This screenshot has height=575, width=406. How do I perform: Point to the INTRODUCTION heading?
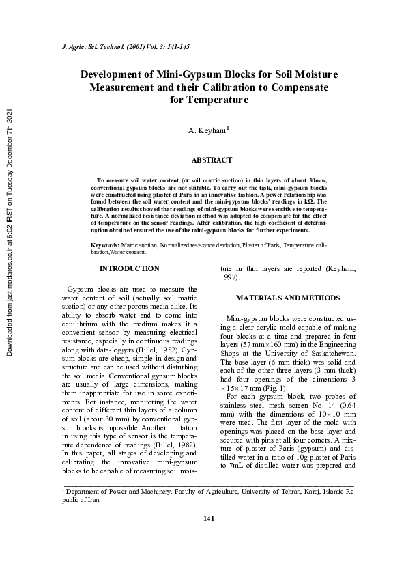(x=130, y=269)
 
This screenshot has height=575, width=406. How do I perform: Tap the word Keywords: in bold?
(x=106, y=244)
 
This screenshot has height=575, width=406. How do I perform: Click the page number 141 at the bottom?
(x=209, y=538)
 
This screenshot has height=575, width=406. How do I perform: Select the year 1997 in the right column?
(x=231, y=279)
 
